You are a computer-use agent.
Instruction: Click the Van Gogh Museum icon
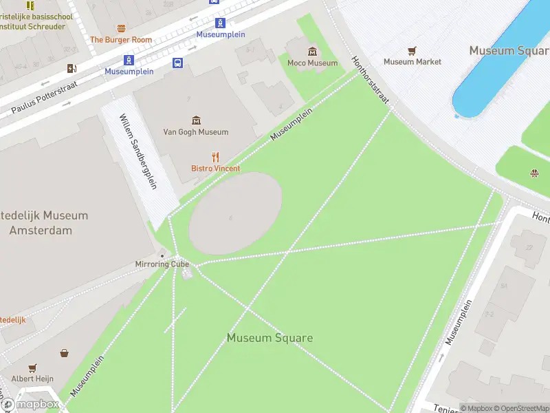[x=196, y=120]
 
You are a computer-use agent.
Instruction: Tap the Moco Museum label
[x=313, y=63]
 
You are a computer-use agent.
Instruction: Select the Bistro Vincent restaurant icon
[x=215, y=157]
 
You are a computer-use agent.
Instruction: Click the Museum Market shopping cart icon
[x=412, y=51]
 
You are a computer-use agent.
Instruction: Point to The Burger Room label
[x=121, y=40]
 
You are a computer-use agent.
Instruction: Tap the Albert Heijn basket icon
[x=64, y=353]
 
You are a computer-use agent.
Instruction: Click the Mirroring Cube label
[x=162, y=264]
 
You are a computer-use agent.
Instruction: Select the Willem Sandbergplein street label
[x=138, y=151]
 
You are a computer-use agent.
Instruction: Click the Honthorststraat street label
[x=371, y=80]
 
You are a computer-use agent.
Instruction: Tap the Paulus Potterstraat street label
[x=44, y=98]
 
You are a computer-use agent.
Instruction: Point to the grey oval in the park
[x=235, y=213]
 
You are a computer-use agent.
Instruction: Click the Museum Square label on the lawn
[x=269, y=338]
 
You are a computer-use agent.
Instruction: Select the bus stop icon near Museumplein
[x=177, y=63]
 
